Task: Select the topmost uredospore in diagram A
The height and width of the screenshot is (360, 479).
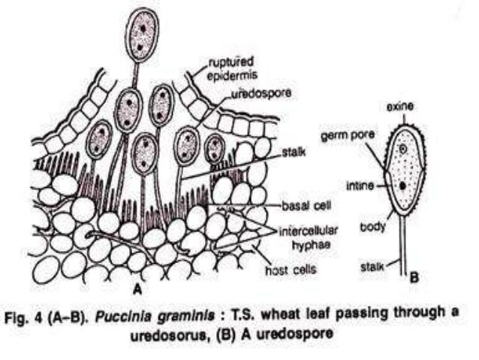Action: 140,35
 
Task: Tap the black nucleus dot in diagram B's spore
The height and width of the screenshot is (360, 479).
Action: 404,184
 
